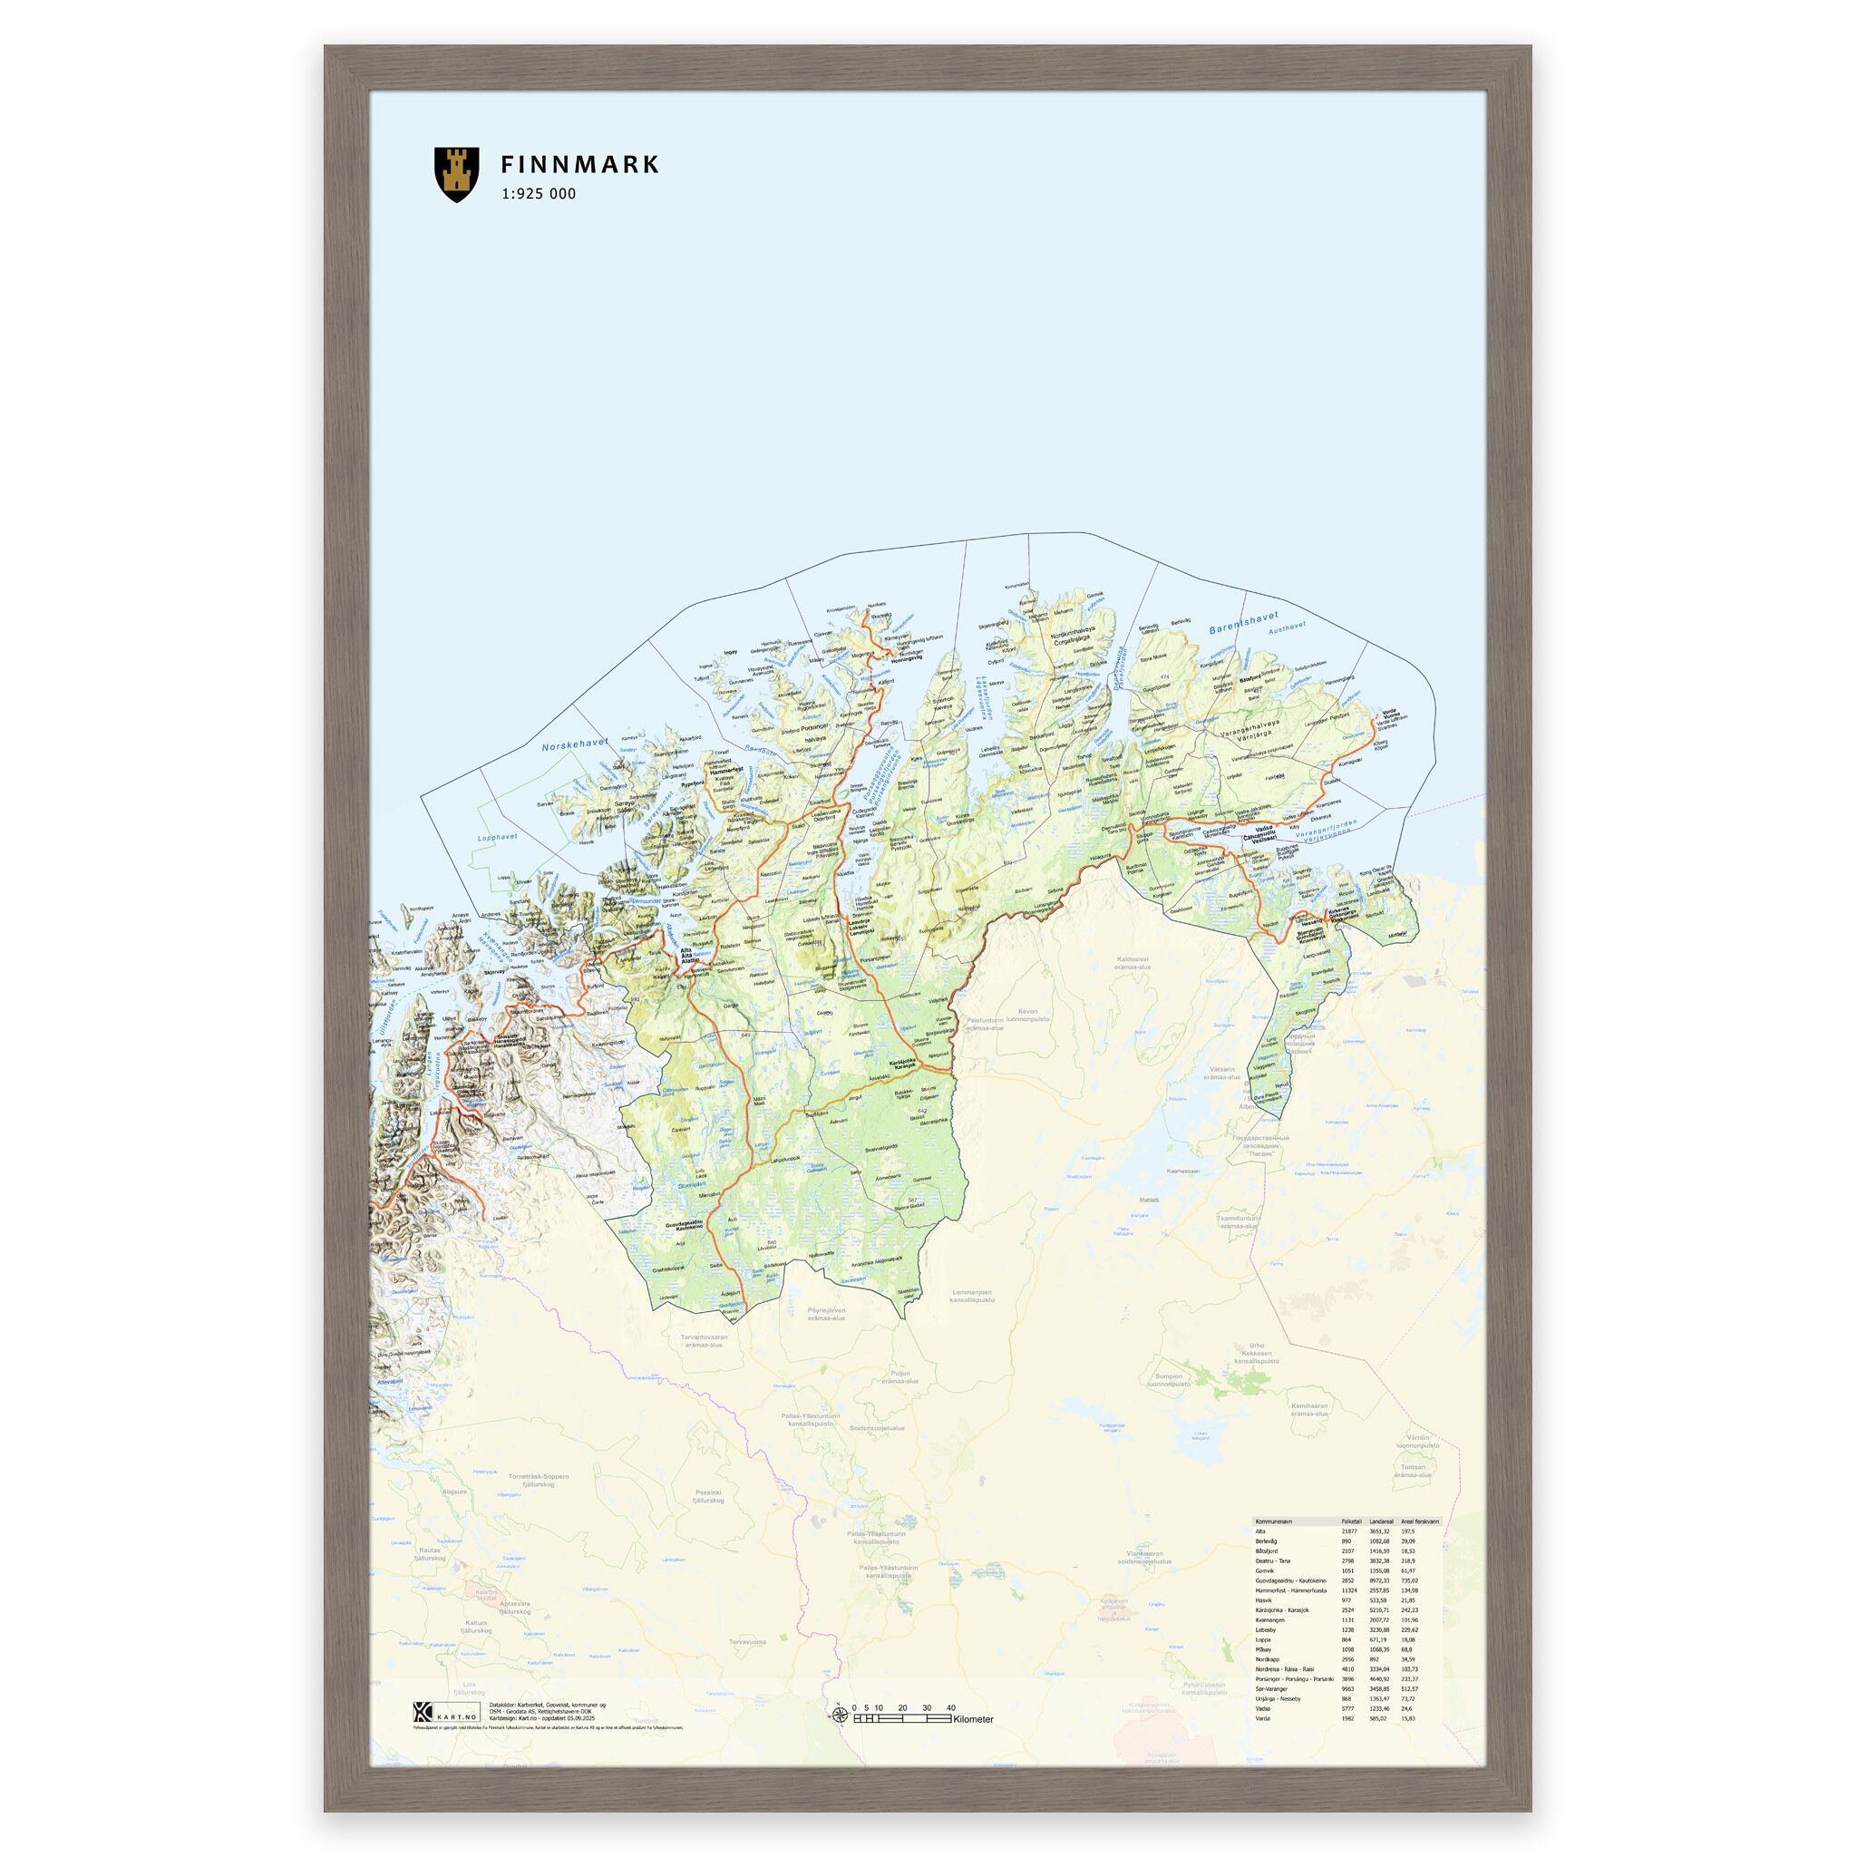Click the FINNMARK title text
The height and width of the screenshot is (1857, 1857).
[579, 164]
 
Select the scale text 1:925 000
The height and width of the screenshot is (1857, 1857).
[539, 194]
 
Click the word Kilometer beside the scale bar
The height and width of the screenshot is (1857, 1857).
[974, 1719]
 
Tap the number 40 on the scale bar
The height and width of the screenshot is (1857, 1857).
[950, 1708]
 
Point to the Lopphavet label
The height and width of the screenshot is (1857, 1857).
[497, 837]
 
